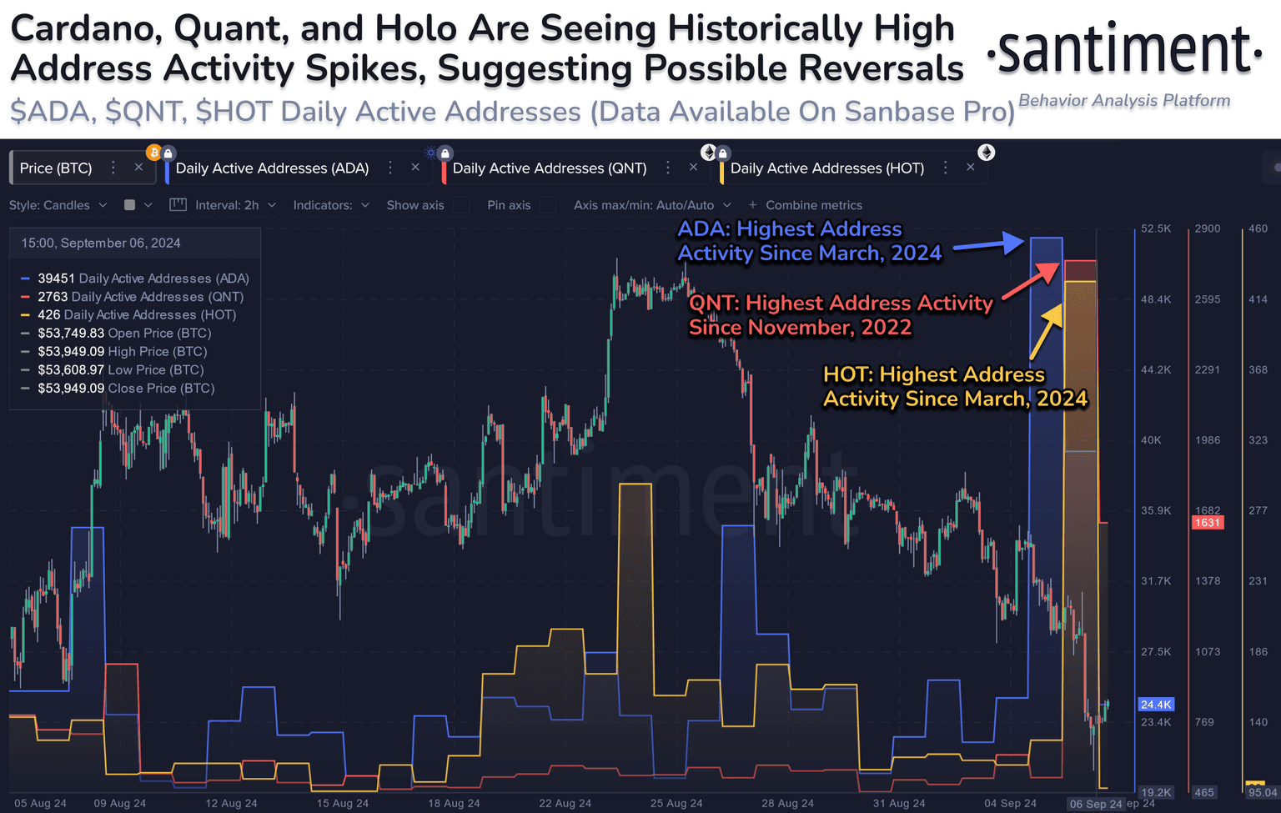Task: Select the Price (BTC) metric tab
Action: (x=56, y=168)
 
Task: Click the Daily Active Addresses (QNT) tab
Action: (x=549, y=168)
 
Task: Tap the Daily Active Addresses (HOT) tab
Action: (x=826, y=168)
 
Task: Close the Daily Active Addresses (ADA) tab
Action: (x=415, y=168)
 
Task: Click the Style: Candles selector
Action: (x=58, y=205)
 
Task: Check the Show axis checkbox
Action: (x=461, y=205)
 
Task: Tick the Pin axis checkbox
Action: (x=548, y=205)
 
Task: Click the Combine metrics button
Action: (x=806, y=205)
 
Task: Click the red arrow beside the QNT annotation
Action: (x=1030, y=281)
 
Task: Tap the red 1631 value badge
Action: (x=1207, y=523)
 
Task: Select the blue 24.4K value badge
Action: (x=1156, y=705)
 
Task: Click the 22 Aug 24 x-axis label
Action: (x=565, y=804)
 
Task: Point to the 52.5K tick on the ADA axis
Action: (x=1156, y=228)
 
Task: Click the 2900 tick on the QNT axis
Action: (x=1207, y=228)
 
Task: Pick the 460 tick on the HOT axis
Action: (x=1258, y=228)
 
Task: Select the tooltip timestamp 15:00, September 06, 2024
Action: (x=101, y=243)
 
